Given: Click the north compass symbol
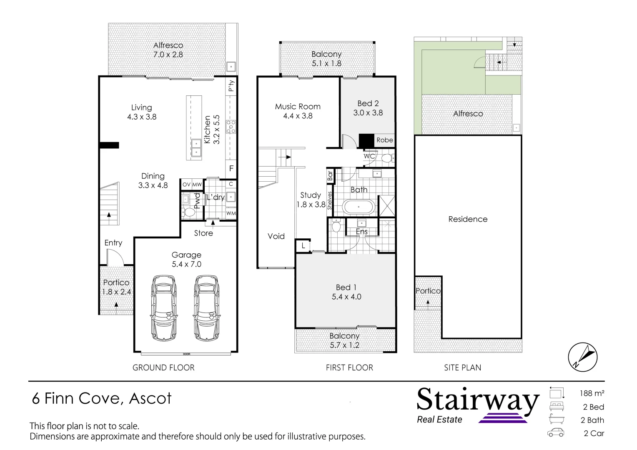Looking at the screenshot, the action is pyautogui.click(x=583, y=357).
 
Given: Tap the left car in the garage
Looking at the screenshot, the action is pyautogui.click(x=164, y=308).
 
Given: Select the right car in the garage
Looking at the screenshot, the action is pyautogui.click(x=206, y=308).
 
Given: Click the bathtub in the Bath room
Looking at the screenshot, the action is pyautogui.click(x=359, y=207).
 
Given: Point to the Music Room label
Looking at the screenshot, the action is pyautogui.click(x=298, y=107).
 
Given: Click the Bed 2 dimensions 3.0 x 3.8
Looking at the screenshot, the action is pyautogui.click(x=368, y=113).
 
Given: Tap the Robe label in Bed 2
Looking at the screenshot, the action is pyautogui.click(x=385, y=140).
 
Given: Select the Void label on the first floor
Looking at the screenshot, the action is pyautogui.click(x=276, y=236).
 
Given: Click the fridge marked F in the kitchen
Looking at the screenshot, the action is pyautogui.click(x=231, y=168).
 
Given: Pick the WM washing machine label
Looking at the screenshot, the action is pyautogui.click(x=231, y=213).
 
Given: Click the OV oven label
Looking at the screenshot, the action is pyautogui.click(x=186, y=185).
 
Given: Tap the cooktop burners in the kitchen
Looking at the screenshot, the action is pyautogui.click(x=231, y=127).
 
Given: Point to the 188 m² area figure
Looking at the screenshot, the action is pyautogui.click(x=592, y=393).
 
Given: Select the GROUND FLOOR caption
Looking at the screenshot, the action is pyautogui.click(x=163, y=367).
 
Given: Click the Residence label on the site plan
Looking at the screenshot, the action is pyautogui.click(x=468, y=219).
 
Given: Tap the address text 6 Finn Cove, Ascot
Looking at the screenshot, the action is pyautogui.click(x=102, y=398).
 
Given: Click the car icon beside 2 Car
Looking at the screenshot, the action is pyautogui.click(x=556, y=432).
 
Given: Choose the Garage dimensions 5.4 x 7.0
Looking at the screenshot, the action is pyautogui.click(x=186, y=264).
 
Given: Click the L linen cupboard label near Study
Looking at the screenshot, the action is pyautogui.click(x=303, y=245).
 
